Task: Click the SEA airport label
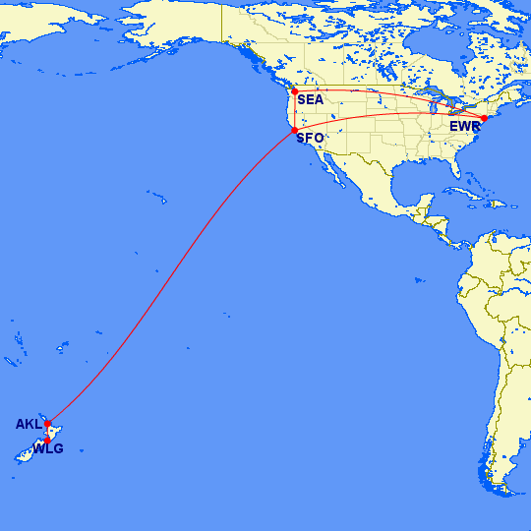tap(310, 99)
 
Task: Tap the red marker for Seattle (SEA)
tap(294, 91)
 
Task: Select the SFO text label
tap(310, 138)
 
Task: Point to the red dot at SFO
tap(294, 131)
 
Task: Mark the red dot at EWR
tap(484, 118)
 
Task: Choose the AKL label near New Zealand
tap(29, 425)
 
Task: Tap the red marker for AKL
tap(47, 424)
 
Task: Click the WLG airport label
tap(47, 449)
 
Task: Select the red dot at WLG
tap(47, 440)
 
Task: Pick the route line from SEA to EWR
tap(393, 92)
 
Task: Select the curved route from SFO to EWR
tap(393, 115)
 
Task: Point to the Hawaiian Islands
tap(157, 198)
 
